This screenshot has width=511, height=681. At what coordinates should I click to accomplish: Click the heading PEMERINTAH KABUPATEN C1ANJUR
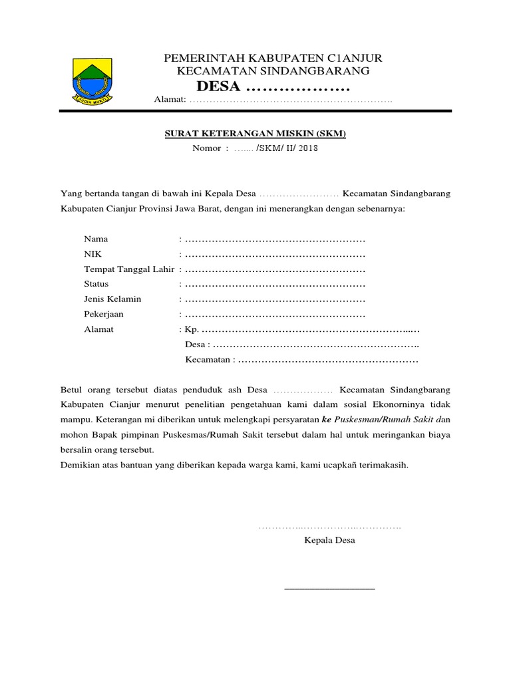(273, 58)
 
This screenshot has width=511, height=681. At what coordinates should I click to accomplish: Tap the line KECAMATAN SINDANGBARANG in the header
(273, 71)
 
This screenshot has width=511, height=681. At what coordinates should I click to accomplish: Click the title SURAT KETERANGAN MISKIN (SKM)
(255, 134)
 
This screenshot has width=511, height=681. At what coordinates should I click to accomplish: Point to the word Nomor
(206, 148)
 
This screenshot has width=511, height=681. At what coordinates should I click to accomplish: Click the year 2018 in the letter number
(308, 148)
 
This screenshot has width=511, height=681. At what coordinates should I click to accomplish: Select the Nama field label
(96, 239)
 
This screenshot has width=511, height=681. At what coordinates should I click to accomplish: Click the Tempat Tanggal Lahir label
(129, 269)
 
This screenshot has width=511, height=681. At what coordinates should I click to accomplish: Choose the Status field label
(96, 284)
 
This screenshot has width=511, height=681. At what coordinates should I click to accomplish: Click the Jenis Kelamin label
(112, 299)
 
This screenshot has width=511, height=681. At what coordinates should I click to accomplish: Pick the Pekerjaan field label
(104, 314)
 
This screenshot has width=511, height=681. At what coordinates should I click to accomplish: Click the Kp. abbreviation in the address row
(192, 329)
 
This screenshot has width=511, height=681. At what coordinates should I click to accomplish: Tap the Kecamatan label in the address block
(208, 360)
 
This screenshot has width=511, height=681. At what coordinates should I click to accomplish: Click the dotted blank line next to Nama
(275, 239)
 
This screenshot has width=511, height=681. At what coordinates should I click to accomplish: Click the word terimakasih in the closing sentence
(383, 466)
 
